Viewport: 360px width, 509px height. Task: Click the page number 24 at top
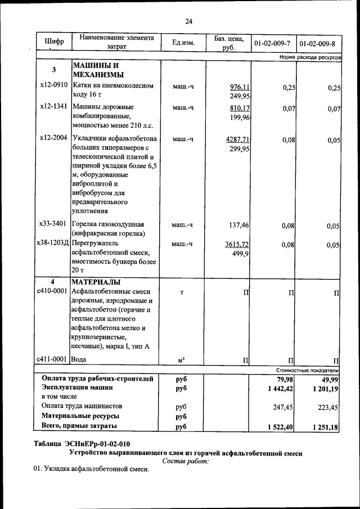[x=188, y=21]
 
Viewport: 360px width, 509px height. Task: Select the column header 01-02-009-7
[x=272, y=43]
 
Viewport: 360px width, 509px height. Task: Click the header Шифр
[x=54, y=42]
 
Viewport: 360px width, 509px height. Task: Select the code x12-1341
[x=54, y=107]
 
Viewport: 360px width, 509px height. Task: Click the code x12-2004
[x=54, y=138]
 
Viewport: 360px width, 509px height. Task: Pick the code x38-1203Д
[x=53, y=244]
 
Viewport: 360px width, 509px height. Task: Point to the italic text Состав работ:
[x=185, y=461]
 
